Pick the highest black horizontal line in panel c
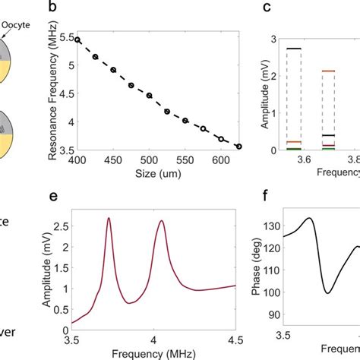(x=292, y=49)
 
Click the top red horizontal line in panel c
(x=328, y=71)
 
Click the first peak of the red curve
(x=109, y=219)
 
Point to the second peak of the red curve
(x=163, y=221)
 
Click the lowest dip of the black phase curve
(x=328, y=292)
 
